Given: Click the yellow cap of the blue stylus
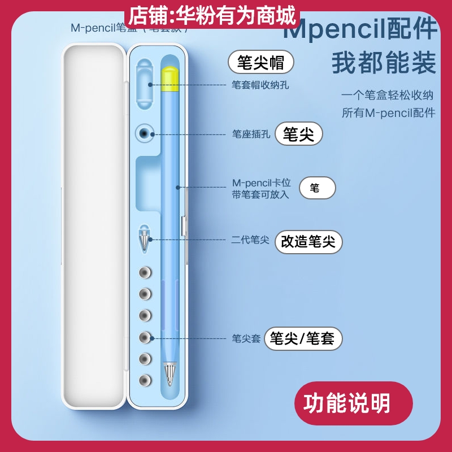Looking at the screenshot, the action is [169, 79].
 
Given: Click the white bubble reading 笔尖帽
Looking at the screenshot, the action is [260, 62].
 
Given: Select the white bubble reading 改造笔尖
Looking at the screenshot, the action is [308, 242].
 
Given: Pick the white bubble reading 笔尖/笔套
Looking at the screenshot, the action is [302, 338].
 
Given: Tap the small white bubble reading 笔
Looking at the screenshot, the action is [317, 188].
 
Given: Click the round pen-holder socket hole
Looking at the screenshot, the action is [146, 134].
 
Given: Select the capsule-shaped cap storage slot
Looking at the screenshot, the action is [146, 84].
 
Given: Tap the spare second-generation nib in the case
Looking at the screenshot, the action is [146, 240].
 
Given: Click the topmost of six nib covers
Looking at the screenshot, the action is [146, 273].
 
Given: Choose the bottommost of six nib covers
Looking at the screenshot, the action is [146, 380].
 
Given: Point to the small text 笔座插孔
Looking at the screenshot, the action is [251, 134].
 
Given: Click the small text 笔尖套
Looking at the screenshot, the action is [246, 339].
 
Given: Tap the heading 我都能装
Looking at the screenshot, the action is [384, 63].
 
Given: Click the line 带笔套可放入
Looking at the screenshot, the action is [260, 194].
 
